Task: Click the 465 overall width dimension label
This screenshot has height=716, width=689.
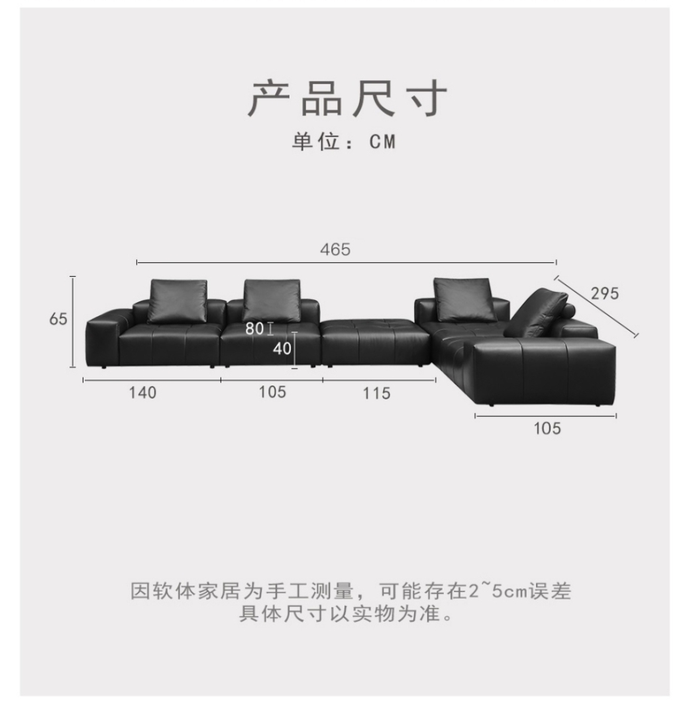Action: click(335, 249)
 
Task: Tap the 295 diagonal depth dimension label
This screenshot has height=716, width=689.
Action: click(604, 293)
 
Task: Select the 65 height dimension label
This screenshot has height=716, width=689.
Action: click(58, 319)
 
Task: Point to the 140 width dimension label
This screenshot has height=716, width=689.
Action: click(142, 393)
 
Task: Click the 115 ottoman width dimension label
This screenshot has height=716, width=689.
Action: click(377, 393)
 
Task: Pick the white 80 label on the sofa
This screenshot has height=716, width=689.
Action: click(254, 329)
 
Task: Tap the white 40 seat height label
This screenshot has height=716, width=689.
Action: click(282, 348)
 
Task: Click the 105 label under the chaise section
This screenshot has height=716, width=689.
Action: click(547, 429)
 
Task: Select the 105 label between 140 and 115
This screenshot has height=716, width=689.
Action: click(272, 392)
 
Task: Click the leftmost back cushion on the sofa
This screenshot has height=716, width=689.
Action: click(178, 301)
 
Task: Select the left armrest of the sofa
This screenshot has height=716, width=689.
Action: click(103, 337)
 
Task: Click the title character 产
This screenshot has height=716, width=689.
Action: click(269, 98)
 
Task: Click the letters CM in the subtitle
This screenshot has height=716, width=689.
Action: click(382, 142)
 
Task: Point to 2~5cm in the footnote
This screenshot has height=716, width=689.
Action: click(498, 591)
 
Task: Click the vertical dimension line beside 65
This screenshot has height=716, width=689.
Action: click(73, 321)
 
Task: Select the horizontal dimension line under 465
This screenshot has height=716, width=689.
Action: click(346, 262)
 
